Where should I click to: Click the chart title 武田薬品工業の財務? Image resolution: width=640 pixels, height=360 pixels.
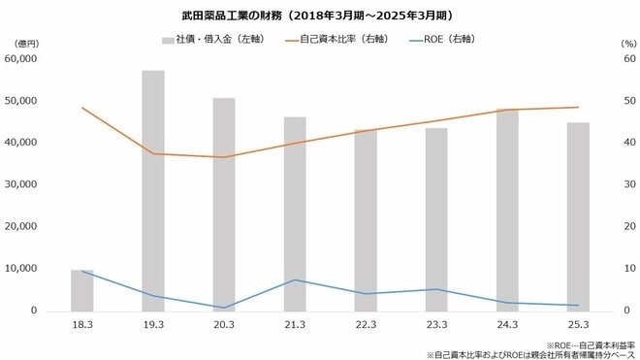[x=320, y=16]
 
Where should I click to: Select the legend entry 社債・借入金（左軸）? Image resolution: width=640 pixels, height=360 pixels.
[x=208, y=41]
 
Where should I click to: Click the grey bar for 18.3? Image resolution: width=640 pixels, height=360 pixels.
[x=82, y=290]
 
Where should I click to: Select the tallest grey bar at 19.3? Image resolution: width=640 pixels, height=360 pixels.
[x=153, y=190]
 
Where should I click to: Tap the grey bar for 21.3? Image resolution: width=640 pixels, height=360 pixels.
[x=295, y=213]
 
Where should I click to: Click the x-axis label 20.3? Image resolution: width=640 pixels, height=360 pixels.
[x=224, y=326]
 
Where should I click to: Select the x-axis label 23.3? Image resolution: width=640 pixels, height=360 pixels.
[x=436, y=326]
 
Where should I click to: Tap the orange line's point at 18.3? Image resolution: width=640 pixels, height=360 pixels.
[x=82, y=108]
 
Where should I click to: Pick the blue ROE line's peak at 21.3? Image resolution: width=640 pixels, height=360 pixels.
[x=295, y=279]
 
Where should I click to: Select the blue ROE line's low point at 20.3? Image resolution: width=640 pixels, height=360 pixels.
[x=224, y=308]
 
